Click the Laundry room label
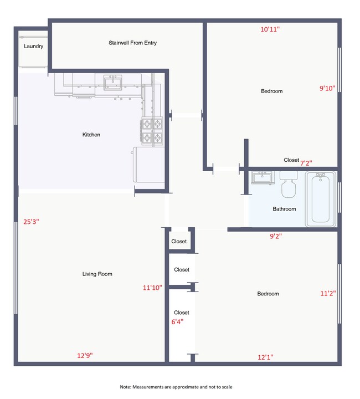33,47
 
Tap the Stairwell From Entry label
132,43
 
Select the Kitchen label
91,135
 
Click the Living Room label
97,274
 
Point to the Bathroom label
284,209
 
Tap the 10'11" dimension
270,29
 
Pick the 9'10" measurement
327,88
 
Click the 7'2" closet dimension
306,163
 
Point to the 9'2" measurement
275,236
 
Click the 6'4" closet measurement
177,321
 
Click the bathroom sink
260,178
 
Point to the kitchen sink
113,83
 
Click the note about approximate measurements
176,386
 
